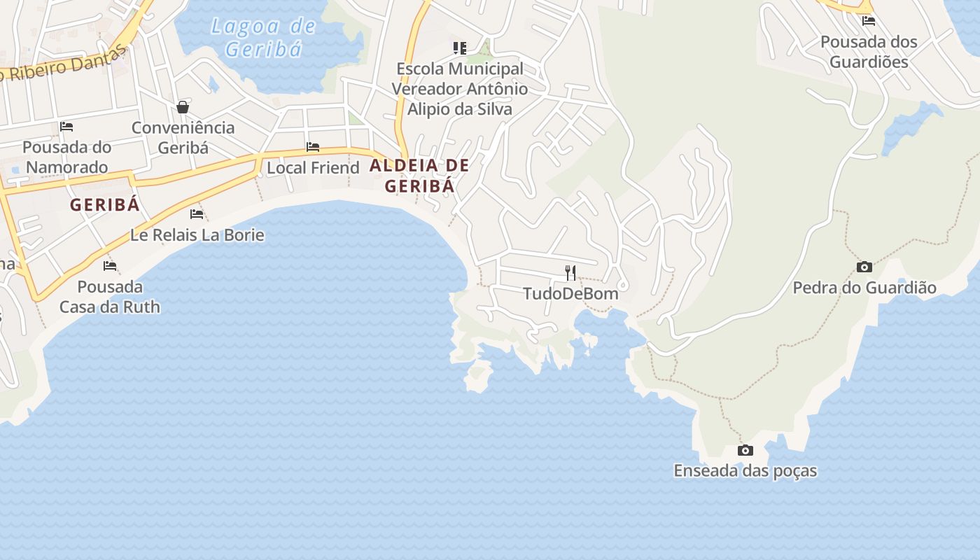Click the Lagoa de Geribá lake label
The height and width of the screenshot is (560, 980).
[x=263, y=38]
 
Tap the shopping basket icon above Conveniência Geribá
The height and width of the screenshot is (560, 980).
[x=183, y=107]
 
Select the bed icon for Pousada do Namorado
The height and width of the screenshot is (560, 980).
[x=66, y=127]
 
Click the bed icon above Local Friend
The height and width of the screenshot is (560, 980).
[x=313, y=147]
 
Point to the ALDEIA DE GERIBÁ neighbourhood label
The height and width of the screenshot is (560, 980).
[x=419, y=176]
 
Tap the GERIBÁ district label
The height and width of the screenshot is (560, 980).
[x=105, y=205]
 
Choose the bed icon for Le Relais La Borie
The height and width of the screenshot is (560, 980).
[x=197, y=214]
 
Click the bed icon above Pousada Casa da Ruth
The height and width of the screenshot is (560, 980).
[x=109, y=266]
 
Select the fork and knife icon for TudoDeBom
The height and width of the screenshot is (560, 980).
[x=570, y=272]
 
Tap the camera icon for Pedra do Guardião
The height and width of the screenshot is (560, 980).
[x=864, y=267]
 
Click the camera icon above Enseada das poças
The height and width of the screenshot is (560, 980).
[x=745, y=450]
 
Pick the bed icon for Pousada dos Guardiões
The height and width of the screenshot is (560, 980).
[x=869, y=21]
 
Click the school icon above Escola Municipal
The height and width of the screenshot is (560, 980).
[x=459, y=48]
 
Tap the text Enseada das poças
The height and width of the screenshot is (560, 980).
[x=745, y=471]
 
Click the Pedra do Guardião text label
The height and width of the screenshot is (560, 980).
[x=864, y=288]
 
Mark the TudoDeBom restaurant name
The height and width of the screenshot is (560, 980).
[x=570, y=293]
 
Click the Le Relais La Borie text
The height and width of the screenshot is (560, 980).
[x=197, y=235]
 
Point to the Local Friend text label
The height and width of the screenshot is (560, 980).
[x=313, y=168]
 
